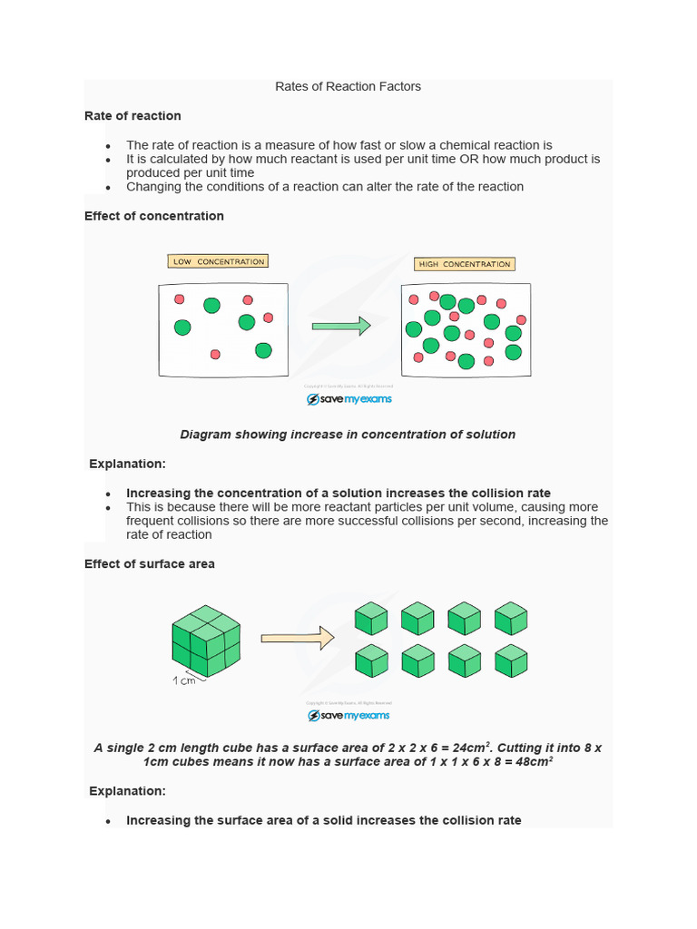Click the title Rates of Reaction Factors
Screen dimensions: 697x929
click(348, 87)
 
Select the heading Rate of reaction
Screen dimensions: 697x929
click(133, 116)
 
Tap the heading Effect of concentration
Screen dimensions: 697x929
click(153, 216)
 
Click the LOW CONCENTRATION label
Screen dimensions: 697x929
click(219, 262)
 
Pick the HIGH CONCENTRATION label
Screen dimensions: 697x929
click(464, 264)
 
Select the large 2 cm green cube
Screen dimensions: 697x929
click(206, 641)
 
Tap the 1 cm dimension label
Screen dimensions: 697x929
click(184, 680)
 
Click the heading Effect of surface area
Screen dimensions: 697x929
click(150, 563)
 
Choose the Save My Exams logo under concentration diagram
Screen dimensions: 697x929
click(349, 399)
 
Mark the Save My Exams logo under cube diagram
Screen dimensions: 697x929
click(349, 716)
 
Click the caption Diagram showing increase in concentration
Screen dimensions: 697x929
click(348, 435)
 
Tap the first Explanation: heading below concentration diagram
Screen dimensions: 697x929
click(127, 464)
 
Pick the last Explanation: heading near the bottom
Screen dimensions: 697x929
click(127, 791)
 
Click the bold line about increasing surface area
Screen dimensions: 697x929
click(324, 820)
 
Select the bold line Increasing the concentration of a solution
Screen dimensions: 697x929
click(339, 494)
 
